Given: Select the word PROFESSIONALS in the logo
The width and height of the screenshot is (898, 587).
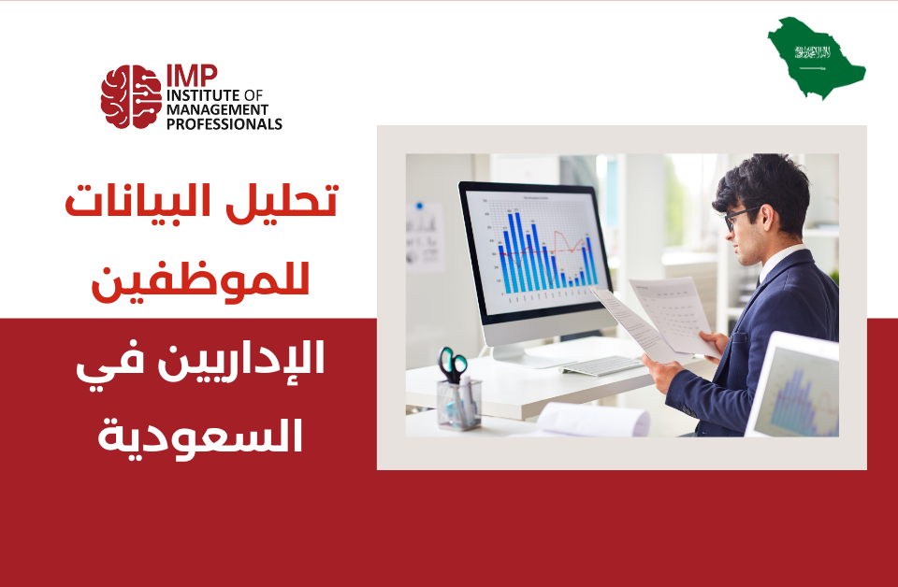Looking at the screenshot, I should click(224, 123).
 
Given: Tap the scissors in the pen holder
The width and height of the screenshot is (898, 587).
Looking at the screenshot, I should click(453, 365).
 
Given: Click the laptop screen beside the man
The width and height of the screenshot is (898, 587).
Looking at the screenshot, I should click(798, 389).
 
